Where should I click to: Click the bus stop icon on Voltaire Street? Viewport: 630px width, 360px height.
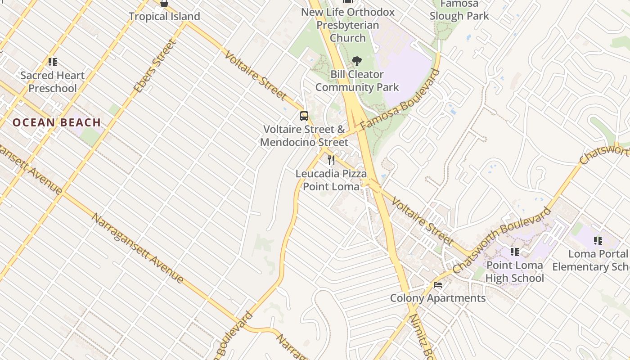tap(304, 116)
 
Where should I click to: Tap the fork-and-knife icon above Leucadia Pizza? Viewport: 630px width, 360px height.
tap(331, 160)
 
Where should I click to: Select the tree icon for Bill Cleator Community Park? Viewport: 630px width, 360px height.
tap(357, 61)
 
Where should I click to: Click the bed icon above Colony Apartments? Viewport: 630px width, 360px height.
tap(437, 284)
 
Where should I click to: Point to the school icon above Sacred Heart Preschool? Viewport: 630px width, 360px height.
tap(52, 62)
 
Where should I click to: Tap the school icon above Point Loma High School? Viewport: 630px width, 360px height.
tap(514, 252)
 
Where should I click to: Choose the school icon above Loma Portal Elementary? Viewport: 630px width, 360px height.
tap(598, 241)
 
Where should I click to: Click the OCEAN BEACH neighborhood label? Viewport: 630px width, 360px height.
tap(57, 122)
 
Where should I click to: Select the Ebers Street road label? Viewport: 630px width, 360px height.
tap(154, 67)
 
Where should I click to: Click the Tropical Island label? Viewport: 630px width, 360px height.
tap(164, 17)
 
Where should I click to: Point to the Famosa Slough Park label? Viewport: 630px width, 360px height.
tap(459, 10)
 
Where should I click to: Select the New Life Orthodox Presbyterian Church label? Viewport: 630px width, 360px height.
tap(348, 25)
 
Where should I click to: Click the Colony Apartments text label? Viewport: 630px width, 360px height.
tap(438, 298)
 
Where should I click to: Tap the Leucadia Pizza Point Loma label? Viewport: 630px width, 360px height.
tap(331, 180)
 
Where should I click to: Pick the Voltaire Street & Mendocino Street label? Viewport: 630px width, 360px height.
tap(304, 136)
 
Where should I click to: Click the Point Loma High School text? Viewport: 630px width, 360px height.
tap(514, 272)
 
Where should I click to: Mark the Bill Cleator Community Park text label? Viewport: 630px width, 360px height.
tap(357, 81)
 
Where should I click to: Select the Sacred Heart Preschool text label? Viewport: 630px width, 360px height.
tap(52, 82)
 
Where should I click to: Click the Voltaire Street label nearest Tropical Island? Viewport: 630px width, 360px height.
tap(255, 75)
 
